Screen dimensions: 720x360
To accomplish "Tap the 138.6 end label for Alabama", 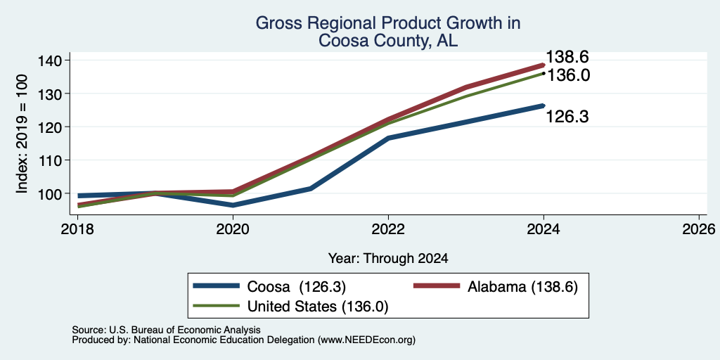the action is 567,58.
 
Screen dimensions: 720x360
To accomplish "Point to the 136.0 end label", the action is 568,75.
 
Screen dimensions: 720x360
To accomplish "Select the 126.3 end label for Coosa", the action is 567,117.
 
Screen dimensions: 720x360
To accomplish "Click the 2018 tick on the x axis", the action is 77,229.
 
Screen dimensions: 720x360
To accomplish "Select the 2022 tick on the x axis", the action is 388,229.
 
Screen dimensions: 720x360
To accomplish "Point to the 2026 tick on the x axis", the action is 699,229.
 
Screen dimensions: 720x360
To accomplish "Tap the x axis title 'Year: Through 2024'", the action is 388,259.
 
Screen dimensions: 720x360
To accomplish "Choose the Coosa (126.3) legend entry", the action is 269,287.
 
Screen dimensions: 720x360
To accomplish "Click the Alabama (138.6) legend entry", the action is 496,287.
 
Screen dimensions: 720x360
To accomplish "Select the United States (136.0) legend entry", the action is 291,307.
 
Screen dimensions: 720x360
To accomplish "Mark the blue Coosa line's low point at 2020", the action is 233,205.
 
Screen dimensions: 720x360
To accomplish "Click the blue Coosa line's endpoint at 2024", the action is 543,105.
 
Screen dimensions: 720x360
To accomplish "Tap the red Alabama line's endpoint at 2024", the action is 543,65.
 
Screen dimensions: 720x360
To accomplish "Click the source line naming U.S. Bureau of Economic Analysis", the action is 166,330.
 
